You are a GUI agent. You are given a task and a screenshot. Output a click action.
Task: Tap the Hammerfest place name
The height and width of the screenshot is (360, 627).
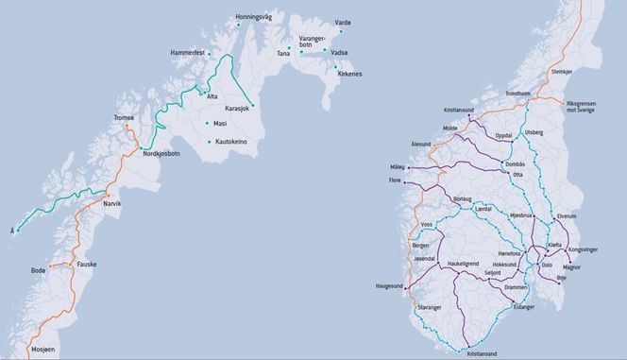189,52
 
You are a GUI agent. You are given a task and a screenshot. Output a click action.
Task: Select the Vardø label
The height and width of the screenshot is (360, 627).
343,22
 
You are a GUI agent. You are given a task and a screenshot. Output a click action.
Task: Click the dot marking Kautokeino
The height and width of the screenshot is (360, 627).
208,142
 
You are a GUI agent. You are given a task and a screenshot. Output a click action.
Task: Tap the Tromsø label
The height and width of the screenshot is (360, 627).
125,117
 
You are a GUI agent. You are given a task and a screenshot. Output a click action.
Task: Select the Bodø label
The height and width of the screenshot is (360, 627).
38,271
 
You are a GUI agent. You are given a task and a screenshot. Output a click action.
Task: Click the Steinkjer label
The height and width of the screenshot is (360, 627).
561,72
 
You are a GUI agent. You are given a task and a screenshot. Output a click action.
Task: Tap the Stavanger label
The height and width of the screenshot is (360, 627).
430,308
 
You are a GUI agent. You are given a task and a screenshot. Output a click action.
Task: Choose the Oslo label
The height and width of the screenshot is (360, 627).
546,265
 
